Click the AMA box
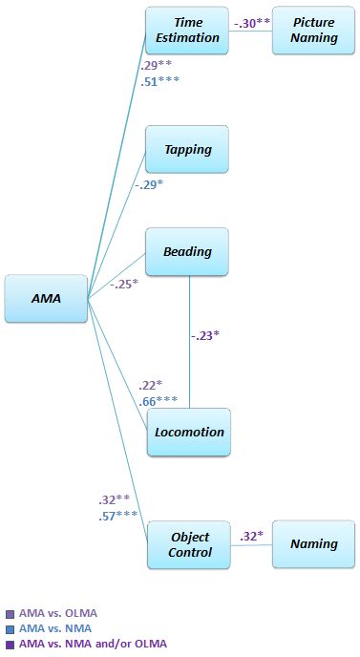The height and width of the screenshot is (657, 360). click(x=46, y=298)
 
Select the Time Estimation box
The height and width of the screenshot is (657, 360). click(x=187, y=31)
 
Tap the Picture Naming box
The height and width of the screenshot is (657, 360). click(x=314, y=31)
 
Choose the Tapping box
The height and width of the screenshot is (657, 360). click(x=187, y=150)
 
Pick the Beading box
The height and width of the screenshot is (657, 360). click(x=187, y=252)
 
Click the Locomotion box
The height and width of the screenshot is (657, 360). click(x=189, y=432)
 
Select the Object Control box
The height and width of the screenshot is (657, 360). click(x=189, y=544)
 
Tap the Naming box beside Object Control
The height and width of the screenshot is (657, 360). click(x=314, y=544)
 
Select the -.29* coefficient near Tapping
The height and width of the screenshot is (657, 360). click(x=148, y=184)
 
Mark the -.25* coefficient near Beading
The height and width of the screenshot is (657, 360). click(x=123, y=284)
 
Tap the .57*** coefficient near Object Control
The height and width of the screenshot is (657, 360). click(x=118, y=516)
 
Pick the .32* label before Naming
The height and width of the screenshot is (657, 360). click(x=251, y=536)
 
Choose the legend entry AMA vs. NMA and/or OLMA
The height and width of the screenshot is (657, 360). click(x=92, y=644)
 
